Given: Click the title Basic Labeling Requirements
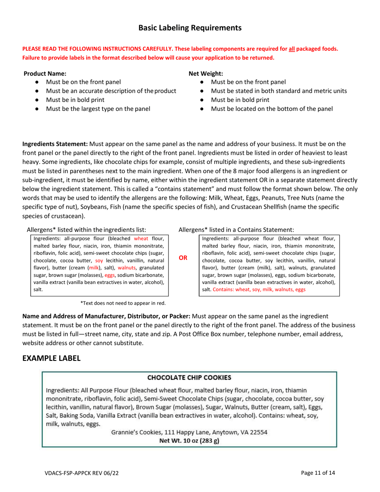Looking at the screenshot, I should tap(190, 28).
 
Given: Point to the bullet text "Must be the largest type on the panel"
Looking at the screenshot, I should tap(98, 108).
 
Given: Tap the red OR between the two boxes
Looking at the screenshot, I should tap(182, 258).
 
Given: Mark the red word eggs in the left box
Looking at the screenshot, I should tap(110, 275).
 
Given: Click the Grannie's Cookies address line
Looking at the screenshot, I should tap(189, 432).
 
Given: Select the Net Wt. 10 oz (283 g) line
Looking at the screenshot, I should tap(189, 440).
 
